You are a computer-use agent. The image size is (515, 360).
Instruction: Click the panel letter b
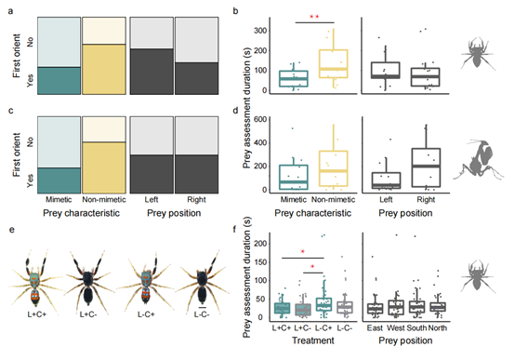coord(235,11)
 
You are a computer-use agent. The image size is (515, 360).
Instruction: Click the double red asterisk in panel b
coord(314,17)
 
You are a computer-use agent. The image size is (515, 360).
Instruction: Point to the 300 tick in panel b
coord(260,31)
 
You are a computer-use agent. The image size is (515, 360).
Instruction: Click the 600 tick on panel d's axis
coord(260,119)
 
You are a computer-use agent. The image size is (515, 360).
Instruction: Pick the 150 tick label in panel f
coord(260,262)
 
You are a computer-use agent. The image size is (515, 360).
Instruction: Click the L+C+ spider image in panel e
coord(35,279)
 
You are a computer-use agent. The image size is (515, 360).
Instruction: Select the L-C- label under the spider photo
coord(202,314)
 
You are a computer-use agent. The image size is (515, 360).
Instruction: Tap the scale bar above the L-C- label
coord(203,307)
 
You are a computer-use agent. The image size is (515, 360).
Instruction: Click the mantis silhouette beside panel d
coord(478,160)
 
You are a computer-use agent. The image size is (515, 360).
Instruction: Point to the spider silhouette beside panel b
coord(478,53)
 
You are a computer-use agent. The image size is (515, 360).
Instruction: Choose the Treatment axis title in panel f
coord(313,340)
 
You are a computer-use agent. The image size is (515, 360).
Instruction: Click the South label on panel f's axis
coord(416,327)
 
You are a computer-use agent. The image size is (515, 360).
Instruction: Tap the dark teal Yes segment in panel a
coord(59,81)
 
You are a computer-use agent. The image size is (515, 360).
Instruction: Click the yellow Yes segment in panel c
coord(104,167)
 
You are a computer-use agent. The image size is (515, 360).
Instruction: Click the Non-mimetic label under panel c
coord(104,200)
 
